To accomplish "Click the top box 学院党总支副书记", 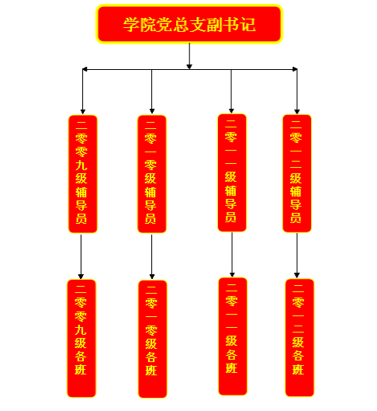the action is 189,24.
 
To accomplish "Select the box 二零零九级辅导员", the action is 83,174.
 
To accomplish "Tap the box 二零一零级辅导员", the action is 152,174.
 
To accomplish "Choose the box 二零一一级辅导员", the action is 232,172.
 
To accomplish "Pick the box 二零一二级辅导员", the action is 297,173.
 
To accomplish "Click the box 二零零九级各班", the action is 81,338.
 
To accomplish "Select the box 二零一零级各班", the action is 153,339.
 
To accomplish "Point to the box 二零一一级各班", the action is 233,336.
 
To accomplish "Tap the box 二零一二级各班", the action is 299,338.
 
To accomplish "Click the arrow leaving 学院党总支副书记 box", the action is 189,56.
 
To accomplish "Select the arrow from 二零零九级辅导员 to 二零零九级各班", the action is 81,256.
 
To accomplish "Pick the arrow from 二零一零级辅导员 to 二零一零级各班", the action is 152,256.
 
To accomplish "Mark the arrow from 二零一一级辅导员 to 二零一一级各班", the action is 232,255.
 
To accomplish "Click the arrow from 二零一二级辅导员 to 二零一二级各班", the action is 296,256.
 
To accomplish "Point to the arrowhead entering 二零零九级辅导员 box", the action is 83,112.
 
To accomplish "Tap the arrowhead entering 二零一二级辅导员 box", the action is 296,111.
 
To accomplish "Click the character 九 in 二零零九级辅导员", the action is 81,165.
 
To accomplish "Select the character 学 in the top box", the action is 131,25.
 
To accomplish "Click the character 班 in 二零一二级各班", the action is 298,369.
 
